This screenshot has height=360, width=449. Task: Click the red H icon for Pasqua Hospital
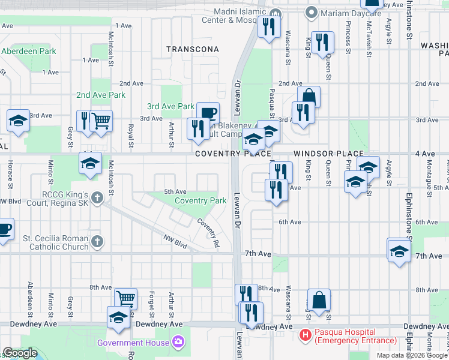(x=306, y=335)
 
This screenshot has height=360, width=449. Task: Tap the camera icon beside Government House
(x=178, y=343)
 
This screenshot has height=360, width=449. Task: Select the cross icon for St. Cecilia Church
(x=97, y=242)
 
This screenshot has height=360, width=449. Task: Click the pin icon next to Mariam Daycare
(x=311, y=12)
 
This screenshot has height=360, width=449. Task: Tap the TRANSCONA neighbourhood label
(x=190, y=49)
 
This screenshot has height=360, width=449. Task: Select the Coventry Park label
(x=200, y=200)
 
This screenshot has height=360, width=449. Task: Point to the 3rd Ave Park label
(x=170, y=107)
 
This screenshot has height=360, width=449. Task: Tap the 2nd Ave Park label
(x=101, y=95)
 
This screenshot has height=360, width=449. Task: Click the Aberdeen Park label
(x=28, y=51)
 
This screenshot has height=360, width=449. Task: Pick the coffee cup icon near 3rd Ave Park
(x=208, y=113)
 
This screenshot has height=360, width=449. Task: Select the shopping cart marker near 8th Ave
(x=125, y=298)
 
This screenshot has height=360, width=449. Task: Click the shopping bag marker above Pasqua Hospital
(x=319, y=300)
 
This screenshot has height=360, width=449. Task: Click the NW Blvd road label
(x=175, y=242)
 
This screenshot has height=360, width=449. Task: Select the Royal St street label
(x=130, y=135)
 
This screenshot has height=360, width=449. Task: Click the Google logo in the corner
(x=20, y=353)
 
